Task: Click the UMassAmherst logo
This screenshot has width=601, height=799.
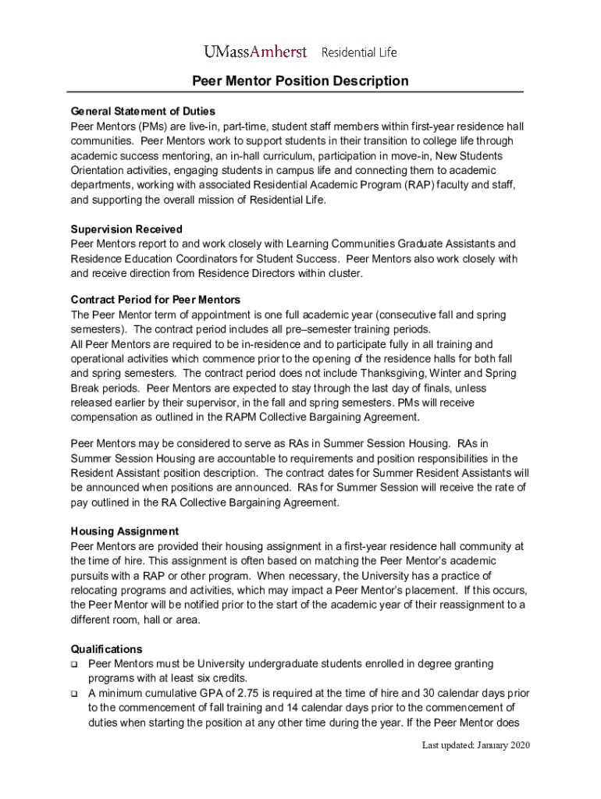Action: pyautogui.click(x=255, y=52)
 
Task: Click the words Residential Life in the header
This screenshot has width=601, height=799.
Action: pyautogui.click(x=359, y=52)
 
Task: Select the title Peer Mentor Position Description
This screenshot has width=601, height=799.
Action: pyautogui.click(x=300, y=81)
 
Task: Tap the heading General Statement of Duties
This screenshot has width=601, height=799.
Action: pyautogui.click(x=143, y=111)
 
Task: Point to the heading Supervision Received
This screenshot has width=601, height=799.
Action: pyautogui.click(x=126, y=229)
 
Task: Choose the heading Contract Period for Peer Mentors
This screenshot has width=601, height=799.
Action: pyautogui.click(x=155, y=300)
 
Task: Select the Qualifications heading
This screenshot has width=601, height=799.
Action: pyautogui.click(x=106, y=649)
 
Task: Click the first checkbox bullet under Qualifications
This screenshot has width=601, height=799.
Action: pyautogui.click(x=74, y=664)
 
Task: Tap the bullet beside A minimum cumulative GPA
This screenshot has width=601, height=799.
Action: pyautogui.click(x=74, y=694)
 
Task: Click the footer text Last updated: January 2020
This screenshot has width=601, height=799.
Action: pyautogui.click(x=476, y=746)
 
